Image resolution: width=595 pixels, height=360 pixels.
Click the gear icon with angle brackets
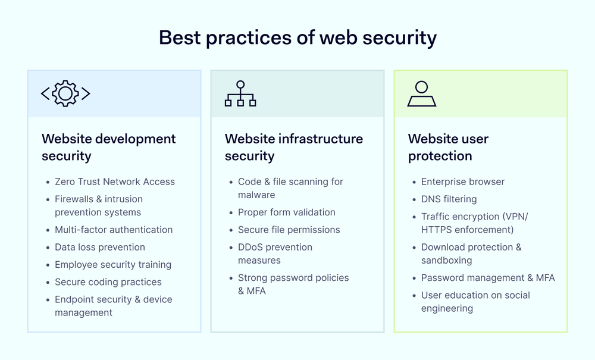65,93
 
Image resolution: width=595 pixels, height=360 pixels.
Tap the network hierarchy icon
240,93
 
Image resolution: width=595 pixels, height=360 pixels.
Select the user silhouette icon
422,93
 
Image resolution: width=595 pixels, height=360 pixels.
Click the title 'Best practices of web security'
297,38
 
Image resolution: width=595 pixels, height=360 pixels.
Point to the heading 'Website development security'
109,147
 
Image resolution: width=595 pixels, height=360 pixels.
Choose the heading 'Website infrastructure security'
294,147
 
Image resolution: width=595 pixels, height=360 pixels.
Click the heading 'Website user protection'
448,147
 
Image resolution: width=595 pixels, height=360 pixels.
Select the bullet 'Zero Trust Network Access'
115,181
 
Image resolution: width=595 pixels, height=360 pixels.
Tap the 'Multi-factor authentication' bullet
114,230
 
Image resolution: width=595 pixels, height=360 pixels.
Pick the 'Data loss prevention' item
100,247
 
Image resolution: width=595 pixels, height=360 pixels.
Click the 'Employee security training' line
113,264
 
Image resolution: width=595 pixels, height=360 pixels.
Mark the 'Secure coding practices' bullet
108,282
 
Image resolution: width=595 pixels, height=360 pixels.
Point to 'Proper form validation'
287,212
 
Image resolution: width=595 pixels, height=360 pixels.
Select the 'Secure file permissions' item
289,230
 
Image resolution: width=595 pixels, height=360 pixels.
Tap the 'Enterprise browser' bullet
463,181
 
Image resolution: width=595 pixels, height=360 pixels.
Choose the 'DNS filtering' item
449,199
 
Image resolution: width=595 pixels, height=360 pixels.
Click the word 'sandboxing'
447,260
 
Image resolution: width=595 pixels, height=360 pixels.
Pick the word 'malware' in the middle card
256,195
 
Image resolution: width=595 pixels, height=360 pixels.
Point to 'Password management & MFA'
488,278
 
